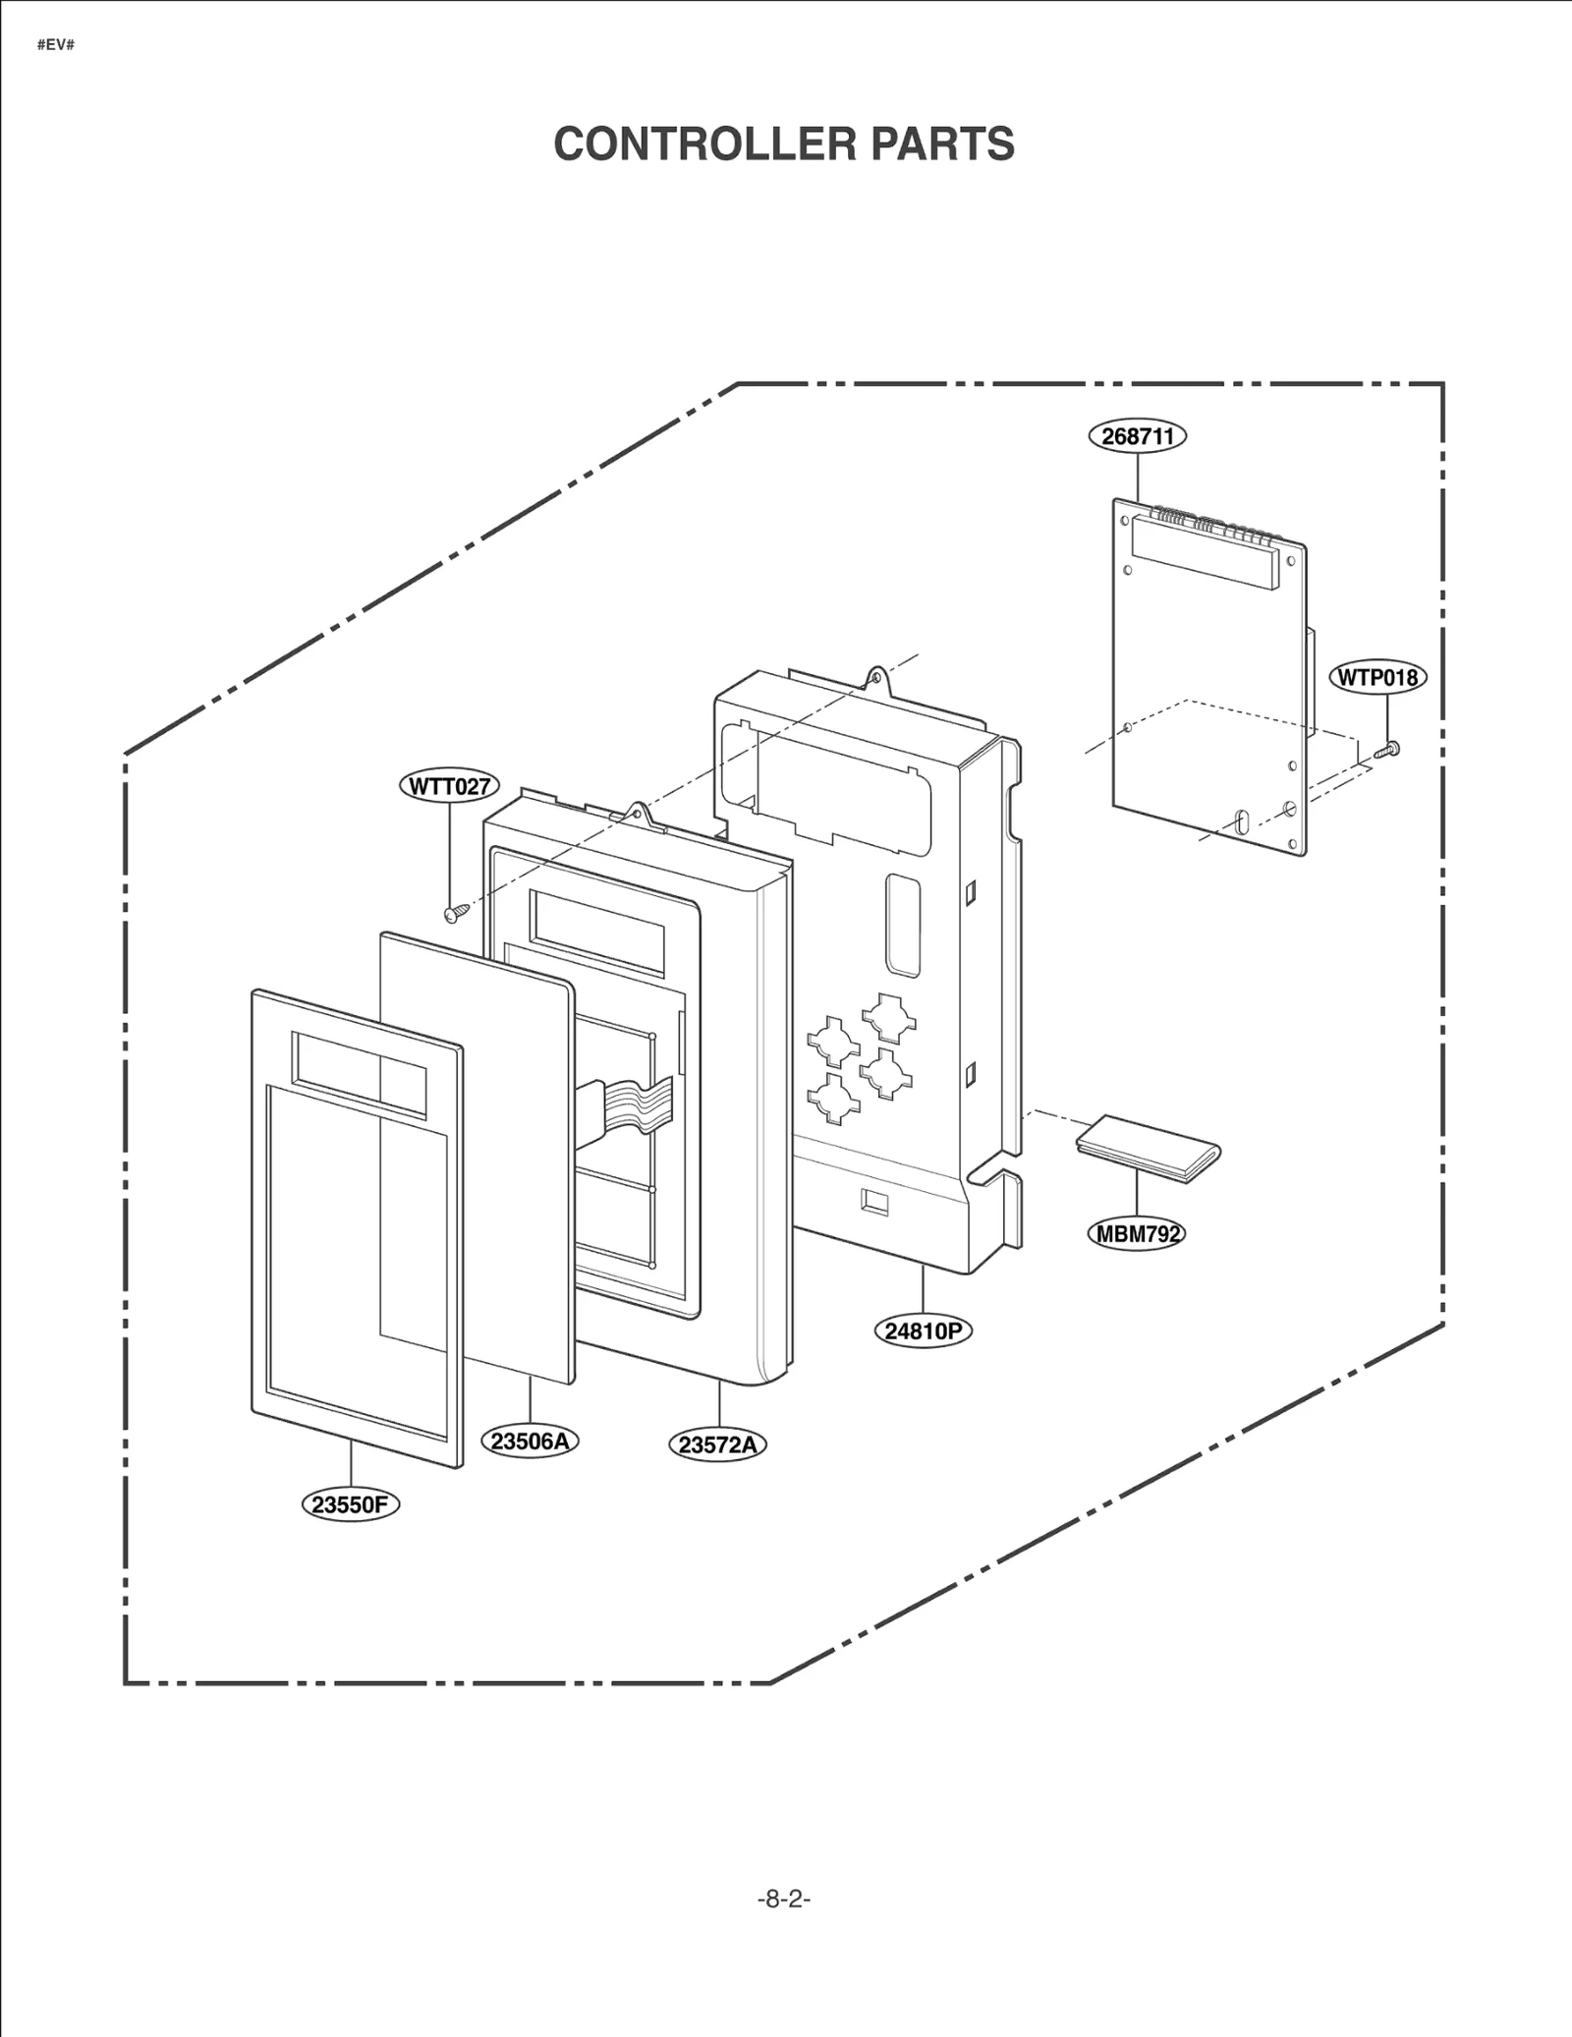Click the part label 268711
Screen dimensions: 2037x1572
click(1137, 435)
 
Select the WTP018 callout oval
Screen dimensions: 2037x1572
click(1377, 677)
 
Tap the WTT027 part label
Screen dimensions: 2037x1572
click(449, 786)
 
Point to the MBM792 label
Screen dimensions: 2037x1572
click(1137, 1233)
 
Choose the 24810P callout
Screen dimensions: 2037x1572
click(922, 1331)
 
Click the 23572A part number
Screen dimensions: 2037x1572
click(718, 1444)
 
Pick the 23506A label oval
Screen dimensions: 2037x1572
click(530, 1442)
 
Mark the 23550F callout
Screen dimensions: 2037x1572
click(350, 1504)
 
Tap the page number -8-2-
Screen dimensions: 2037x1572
click(784, 1899)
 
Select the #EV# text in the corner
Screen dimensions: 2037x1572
click(56, 45)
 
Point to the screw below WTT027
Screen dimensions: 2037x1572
click(452, 915)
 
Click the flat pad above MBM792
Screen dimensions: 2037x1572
click(1148, 1149)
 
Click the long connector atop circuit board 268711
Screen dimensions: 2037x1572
click(1204, 553)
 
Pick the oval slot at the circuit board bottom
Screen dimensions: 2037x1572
click(1241, 821)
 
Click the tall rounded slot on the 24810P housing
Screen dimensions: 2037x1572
click(903, 926)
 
